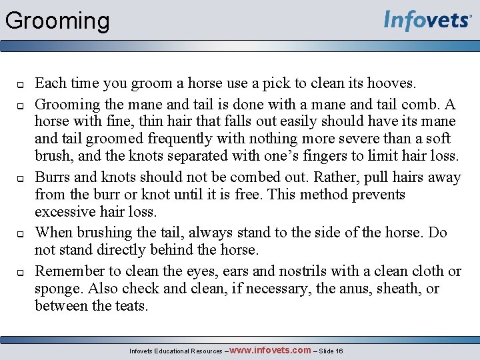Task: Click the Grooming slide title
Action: (57, 21)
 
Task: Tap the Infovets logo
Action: (427, 21)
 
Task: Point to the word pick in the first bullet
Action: (275, 84)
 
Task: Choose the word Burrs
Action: (53, 177)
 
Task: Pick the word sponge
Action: (57, 289)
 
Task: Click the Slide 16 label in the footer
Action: (330, 351)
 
